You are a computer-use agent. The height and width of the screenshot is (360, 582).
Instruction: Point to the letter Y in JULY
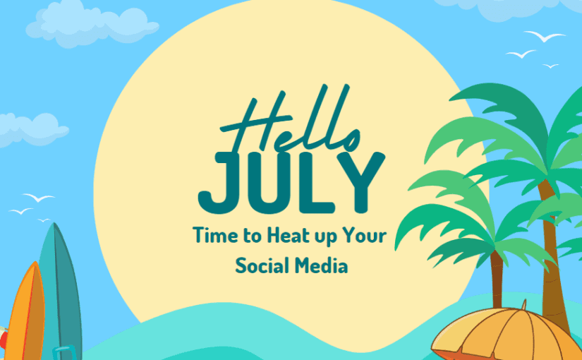click(x=360, y=182)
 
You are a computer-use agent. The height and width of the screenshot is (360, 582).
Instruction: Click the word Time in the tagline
click(x=212, y=236)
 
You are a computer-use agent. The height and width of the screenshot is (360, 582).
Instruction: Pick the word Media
click(x=322, y=266)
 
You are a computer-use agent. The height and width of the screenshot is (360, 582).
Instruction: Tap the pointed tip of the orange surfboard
click(x=32, y=264)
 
